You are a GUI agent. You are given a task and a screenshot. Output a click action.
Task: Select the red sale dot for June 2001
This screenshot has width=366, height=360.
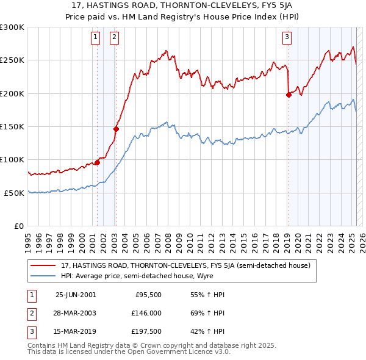(x=97, y=163)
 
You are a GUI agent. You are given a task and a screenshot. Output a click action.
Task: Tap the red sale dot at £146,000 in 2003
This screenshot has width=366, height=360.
(x=116, y=129)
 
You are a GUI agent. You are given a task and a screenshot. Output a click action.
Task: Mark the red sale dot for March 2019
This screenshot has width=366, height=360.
(x=289, y=95)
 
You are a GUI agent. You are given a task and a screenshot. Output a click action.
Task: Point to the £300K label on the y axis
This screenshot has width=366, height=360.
(x=12, y=27)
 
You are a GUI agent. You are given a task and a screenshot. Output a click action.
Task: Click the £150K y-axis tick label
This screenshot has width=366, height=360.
(x=12, y=126)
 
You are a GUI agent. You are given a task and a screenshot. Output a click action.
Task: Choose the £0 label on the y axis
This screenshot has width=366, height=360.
(x=18, y=226)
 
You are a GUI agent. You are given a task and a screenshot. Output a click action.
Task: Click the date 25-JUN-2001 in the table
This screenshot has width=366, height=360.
(x=76, y=295)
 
